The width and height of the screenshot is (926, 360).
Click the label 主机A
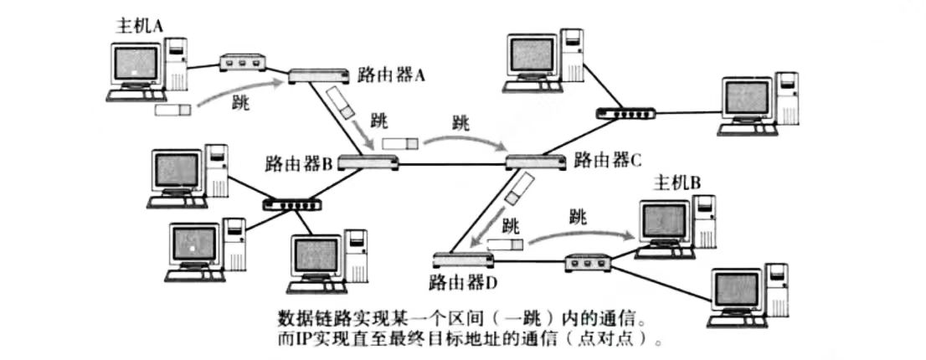point(139,27)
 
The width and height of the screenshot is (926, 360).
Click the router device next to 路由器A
point(319,77)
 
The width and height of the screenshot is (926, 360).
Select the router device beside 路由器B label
point(368,162)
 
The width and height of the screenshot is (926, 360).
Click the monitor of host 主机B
point(665,221)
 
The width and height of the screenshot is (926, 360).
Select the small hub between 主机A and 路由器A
point(242,63)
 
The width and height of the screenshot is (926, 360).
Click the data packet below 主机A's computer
point(173,109)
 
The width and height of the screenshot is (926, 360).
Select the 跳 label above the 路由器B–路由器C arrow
point(460,121)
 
